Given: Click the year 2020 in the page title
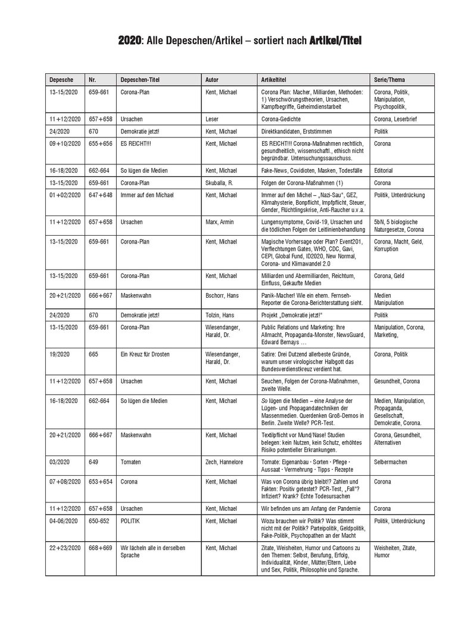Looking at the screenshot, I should point(130,40).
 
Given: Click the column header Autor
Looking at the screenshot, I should point(211,79).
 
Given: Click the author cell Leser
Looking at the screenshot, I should point(211,119).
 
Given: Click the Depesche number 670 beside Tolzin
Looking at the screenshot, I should point(94,316).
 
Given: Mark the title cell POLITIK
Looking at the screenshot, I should point(131,520).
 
